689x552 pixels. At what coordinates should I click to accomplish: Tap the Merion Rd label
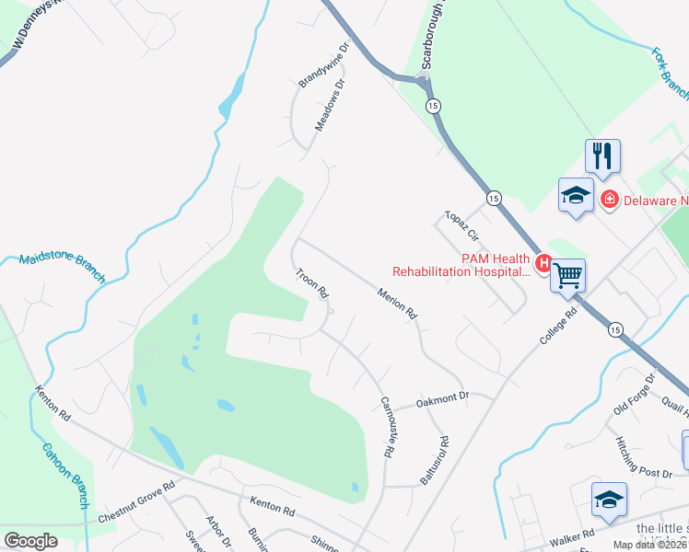398,304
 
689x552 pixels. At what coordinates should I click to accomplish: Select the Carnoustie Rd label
388,428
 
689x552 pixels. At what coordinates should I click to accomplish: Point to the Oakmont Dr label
443,397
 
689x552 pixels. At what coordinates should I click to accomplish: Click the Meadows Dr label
330,104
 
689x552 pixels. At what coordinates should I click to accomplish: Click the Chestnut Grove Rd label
136,502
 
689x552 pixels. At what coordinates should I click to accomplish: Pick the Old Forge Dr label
635,394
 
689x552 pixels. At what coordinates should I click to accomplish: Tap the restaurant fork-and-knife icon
602,155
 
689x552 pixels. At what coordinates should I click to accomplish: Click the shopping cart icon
567,274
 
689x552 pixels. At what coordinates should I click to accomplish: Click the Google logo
30,541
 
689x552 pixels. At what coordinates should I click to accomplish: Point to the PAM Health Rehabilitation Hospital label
461,265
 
